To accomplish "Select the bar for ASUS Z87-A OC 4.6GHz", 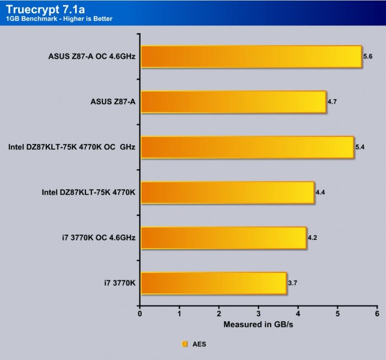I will (251, 56).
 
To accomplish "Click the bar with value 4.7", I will (233, 101).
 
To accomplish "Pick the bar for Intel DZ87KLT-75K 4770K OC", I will (247, 147).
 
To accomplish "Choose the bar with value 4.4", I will (227, 192).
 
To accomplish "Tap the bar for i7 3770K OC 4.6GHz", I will (223, 238).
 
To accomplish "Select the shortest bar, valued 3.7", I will (213, 283).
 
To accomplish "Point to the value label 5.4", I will (361, 147).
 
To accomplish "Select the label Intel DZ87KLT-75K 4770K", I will (88, 193).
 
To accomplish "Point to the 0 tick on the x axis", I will (140, 314).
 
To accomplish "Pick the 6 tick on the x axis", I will (377, 314).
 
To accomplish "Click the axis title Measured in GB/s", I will (258, 325).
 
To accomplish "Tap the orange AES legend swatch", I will (185, 344).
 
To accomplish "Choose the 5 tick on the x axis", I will (337, 314).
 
